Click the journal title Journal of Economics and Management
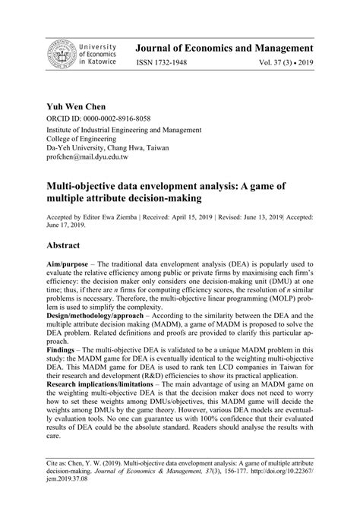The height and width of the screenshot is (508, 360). click(x=237, y=47)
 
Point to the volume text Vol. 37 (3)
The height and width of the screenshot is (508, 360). click(x=286, y=65)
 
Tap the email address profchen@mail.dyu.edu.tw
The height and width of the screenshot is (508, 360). click(x=88, y=157)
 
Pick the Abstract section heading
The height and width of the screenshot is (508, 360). click(x=70, y=246)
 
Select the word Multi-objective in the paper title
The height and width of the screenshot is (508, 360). click(x=88, y=184)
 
